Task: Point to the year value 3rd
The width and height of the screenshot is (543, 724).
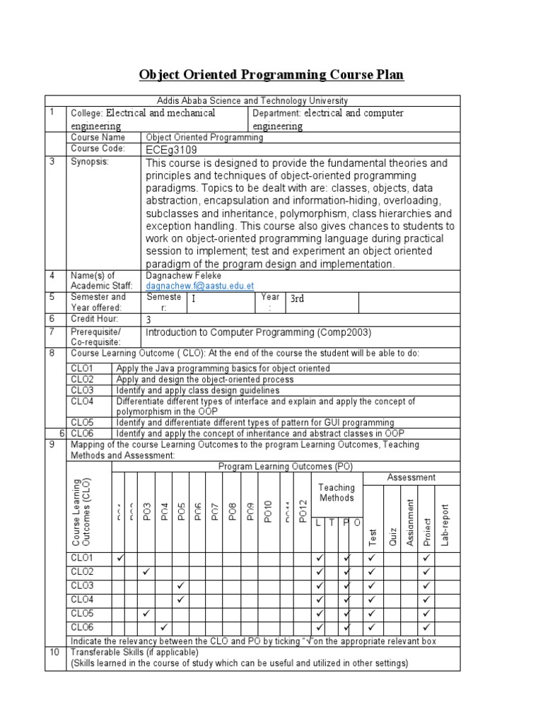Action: pos(297,299)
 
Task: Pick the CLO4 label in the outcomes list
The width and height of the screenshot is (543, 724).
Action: pos(83,402)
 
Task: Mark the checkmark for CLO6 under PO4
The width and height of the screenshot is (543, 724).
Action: pos(163,627)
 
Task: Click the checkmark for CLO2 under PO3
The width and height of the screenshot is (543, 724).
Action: pos(146,571)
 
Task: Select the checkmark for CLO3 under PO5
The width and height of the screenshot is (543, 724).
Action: pos(181,585)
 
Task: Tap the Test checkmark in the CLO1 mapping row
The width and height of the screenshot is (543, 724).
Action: pos(372,559)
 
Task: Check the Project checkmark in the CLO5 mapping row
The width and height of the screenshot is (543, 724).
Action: pos(426,613)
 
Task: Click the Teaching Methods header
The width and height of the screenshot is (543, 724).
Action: pos(337,492)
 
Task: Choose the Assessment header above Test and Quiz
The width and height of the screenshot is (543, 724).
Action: pos(411,477)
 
